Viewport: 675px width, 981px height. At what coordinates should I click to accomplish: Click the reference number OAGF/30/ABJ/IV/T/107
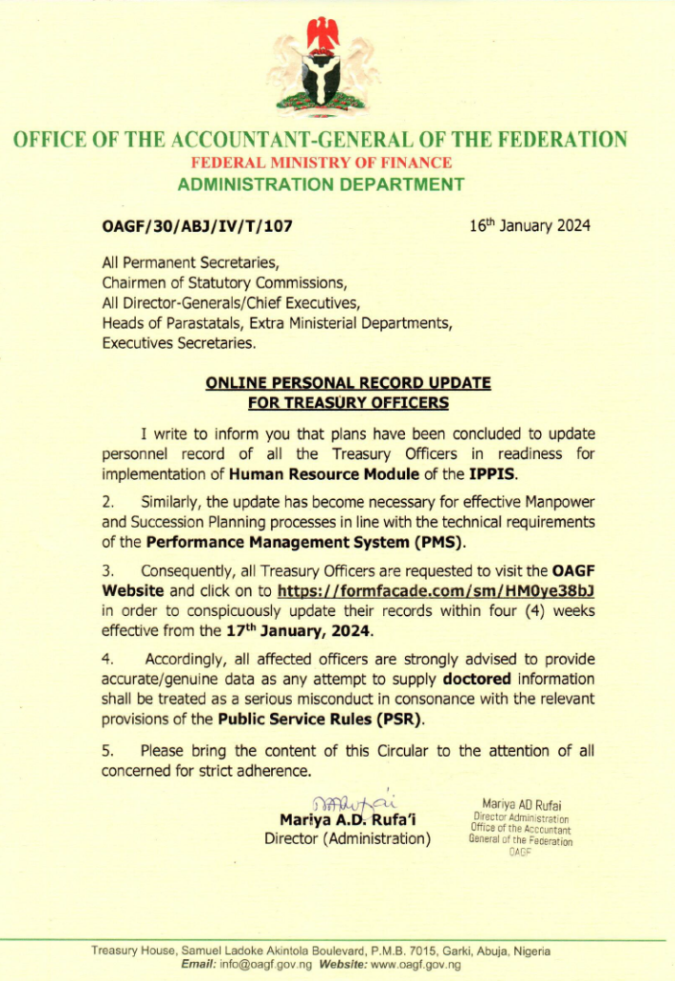[x=196, y=227]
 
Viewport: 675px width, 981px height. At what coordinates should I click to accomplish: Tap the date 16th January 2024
[x=529, y=226]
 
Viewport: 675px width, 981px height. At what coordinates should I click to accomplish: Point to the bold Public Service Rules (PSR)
[x=321, y=719]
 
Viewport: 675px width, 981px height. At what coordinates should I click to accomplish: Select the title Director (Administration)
[x=348, y=840]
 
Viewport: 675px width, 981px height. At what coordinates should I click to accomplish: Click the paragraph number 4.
[x=108, y=660]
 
